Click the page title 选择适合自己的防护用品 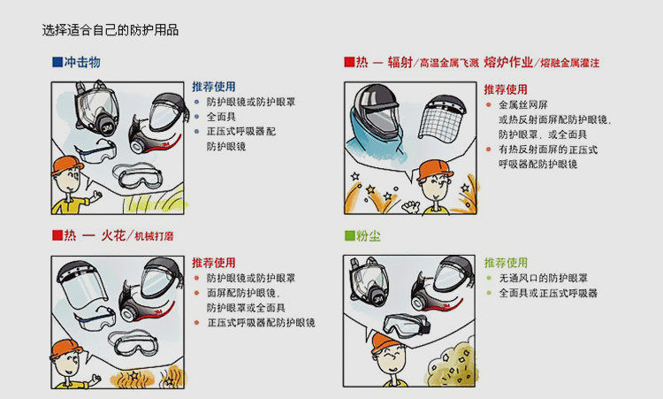110,30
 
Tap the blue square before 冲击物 57,63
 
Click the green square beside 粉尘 349,237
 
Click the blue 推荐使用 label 214,87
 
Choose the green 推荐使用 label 506,263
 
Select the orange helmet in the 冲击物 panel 67,165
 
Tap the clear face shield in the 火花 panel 86,287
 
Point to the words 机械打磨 155,236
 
